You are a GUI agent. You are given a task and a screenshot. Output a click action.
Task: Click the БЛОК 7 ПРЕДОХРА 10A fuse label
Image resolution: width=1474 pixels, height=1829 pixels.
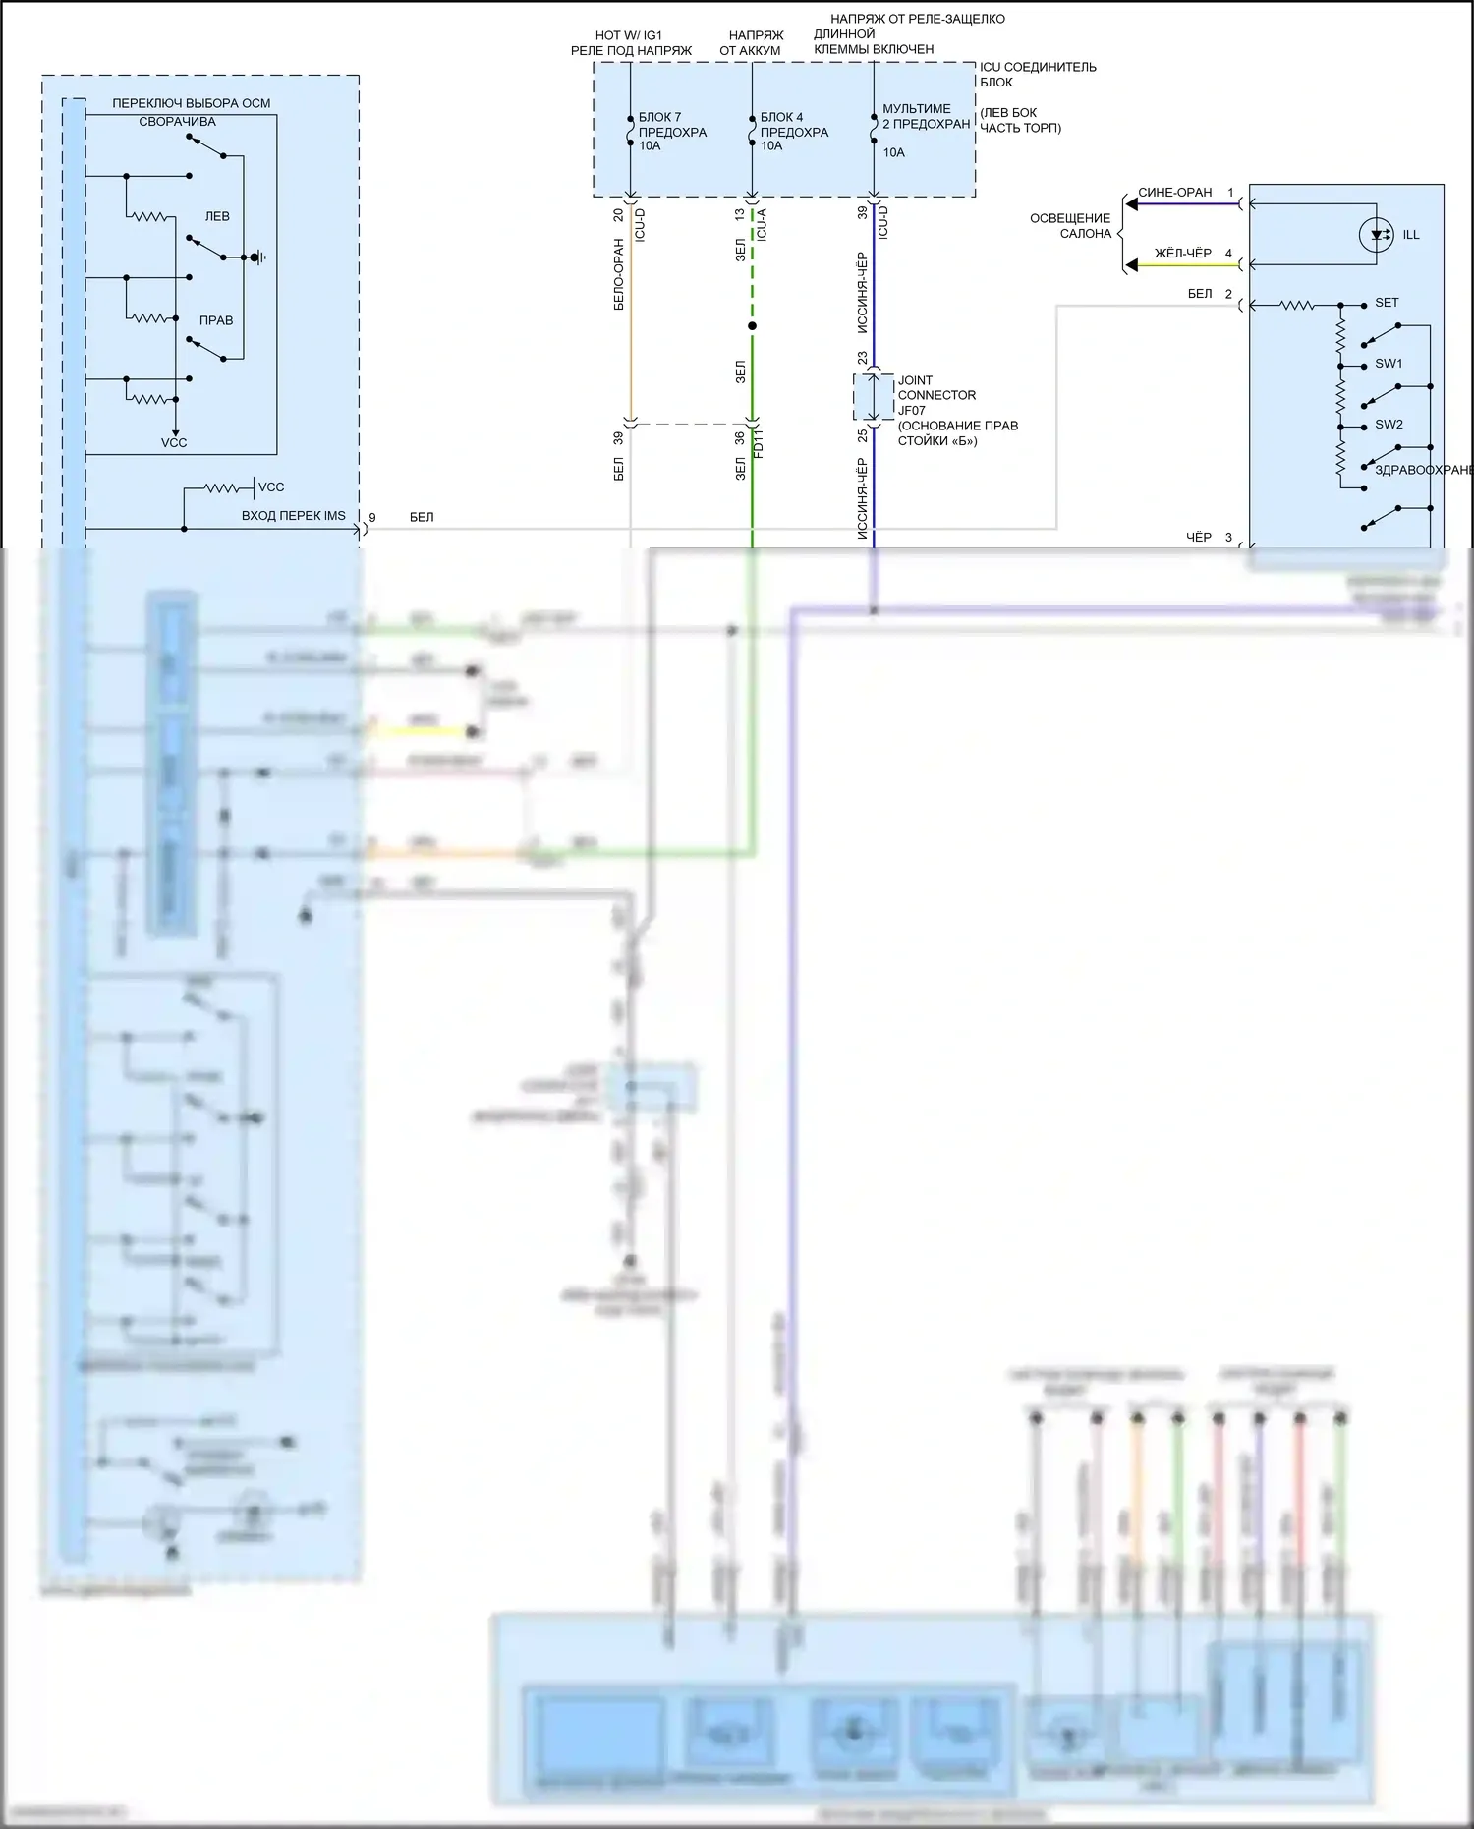tap(672, 132)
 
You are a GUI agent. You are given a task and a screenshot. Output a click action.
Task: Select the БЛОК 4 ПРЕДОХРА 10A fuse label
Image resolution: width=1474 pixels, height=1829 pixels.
tap(794, 132)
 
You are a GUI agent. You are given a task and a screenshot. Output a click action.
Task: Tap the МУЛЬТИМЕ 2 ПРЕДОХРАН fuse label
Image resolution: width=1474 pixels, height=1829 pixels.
tap(926, 117)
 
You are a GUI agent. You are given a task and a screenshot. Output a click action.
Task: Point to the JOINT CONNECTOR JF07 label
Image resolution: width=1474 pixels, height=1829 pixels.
tap(936, 395)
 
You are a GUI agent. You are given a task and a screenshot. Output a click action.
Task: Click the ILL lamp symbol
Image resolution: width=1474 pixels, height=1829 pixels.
tap(1376, 235)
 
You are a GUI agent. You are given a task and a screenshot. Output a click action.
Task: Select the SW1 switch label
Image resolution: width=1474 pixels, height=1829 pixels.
tap(1389, 364)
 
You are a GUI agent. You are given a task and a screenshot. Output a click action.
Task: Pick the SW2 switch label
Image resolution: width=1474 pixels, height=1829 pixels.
tap(1389, 425)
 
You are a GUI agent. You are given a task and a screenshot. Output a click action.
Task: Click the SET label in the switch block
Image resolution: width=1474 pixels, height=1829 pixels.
tap(1387, 303)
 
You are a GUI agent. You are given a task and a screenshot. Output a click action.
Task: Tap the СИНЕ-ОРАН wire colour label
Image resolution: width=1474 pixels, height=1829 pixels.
tap(1174, 193)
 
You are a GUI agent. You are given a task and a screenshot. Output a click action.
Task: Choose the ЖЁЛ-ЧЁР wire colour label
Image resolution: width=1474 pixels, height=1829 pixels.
tap(1182, 254)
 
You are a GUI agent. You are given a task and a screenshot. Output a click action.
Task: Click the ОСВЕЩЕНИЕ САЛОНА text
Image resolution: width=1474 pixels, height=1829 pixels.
tap(1070, 226)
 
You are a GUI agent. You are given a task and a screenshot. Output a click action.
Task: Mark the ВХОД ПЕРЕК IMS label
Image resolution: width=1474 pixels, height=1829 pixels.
tap(293, 516)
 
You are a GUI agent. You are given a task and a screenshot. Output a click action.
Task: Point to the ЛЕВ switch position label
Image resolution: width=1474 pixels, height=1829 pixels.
tap(217, 216)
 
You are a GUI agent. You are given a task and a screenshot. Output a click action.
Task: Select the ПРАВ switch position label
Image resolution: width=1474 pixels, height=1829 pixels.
tap(216, 320)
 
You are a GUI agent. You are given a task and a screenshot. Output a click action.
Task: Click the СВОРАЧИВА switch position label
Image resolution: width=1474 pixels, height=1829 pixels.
tap(177, 122)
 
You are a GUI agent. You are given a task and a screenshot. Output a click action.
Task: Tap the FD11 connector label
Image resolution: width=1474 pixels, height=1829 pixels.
tap(759, 443)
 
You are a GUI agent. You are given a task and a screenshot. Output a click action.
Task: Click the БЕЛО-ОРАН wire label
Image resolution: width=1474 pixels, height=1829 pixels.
tap(619, 274)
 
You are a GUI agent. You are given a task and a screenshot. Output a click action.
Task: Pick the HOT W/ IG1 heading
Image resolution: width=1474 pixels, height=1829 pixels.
tap(629, 35)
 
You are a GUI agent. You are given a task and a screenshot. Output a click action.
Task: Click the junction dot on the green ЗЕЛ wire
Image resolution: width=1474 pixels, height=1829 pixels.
tap(752, 325)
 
